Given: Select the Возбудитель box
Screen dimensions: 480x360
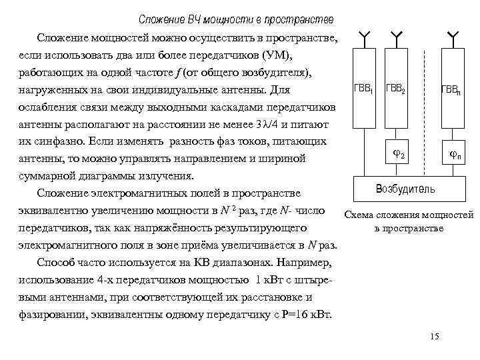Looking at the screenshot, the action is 406,189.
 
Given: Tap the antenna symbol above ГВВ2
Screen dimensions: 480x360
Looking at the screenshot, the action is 397,36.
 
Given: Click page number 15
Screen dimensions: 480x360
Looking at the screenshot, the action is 435,337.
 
